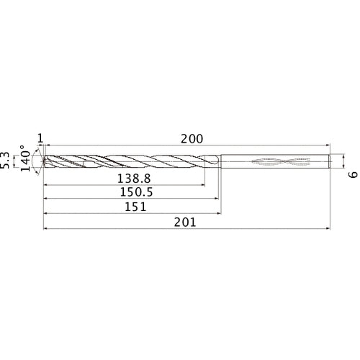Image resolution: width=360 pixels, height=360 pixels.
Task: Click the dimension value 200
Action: (192, 138)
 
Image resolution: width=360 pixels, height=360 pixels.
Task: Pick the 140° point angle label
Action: (27, 160)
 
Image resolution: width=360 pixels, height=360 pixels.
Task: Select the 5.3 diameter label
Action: (8, 160)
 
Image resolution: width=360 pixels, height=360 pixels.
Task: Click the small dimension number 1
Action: (40, 138)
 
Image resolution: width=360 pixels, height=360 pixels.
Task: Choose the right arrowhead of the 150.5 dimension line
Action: (216, 199)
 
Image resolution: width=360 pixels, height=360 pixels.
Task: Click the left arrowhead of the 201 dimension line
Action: (47, 230)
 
